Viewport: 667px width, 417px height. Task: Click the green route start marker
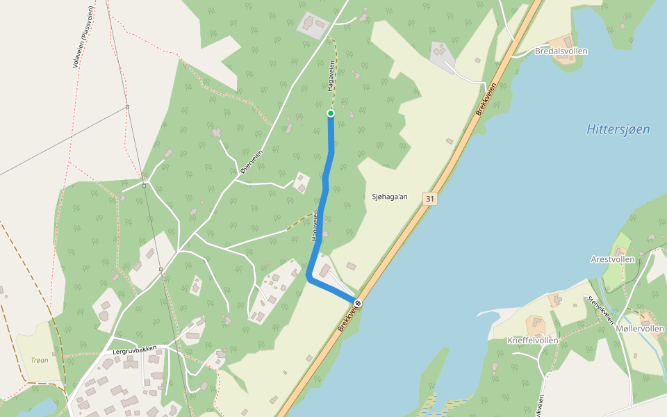[x=331, y=113]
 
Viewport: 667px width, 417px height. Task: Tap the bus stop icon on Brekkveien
[x=358, y=303]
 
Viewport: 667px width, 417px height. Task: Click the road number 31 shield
[x=430, y=199]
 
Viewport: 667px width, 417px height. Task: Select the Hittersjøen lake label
[x=618, y=129]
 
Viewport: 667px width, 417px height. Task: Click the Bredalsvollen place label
[x=561, y=51]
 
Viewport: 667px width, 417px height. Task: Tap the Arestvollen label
[x=612, y=259]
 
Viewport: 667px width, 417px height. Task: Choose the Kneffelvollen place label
[x=533, y=341]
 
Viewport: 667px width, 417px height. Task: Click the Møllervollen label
[x=640, y=328]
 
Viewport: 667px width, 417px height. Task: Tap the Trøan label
[x=40, y=360]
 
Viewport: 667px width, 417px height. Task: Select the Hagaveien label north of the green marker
[x=331, y=75]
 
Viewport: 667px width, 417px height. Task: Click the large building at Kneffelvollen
[x=536, y=324]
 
